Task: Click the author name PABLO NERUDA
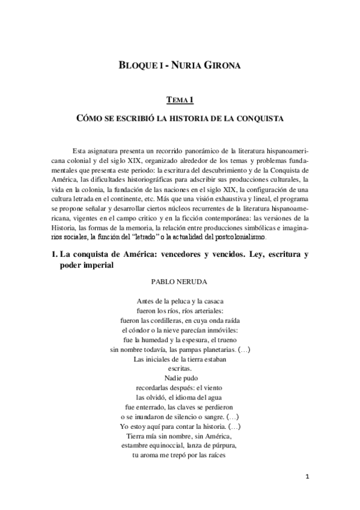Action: point(180,281)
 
